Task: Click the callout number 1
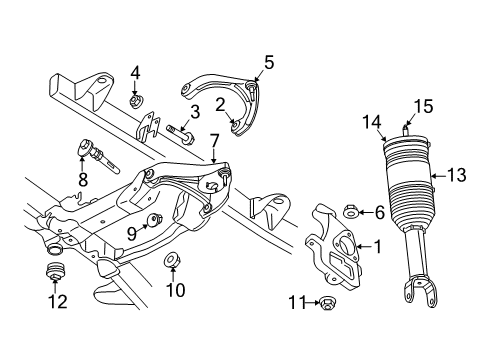[x=376, y=245]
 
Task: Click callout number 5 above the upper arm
[x=269, y=63]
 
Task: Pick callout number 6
[x=380, y=212]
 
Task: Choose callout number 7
[x=214, y=154]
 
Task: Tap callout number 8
[x=82, y=179]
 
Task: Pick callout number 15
[x=424, y=104]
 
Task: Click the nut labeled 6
[x=352, y=212]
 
